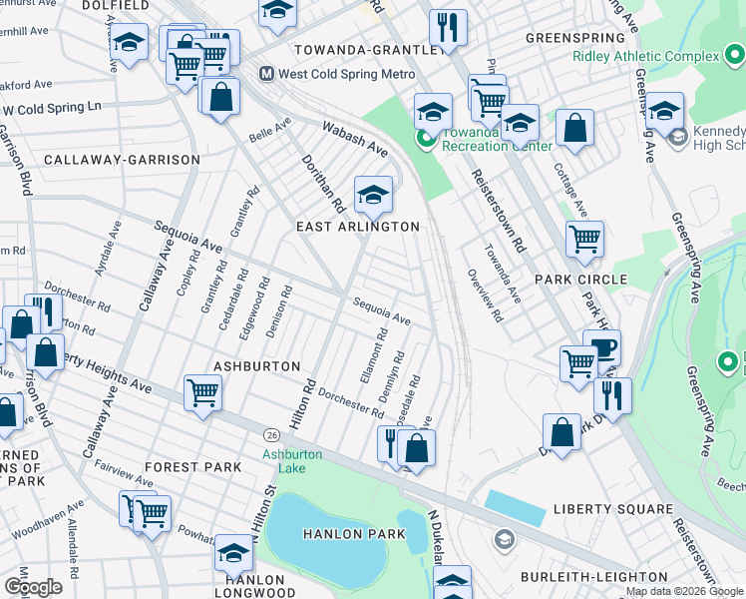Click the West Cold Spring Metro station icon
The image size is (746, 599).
tap(267, 75)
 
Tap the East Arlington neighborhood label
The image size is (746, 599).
tap(357, 227)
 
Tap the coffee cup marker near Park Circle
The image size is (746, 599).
tap(601, 348)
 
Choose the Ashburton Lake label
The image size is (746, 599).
tap(291, 461)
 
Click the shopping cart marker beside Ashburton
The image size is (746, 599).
tap(202, 393)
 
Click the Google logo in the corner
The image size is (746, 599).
tap(33, 587)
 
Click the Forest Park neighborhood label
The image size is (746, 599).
tap(192, 467)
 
